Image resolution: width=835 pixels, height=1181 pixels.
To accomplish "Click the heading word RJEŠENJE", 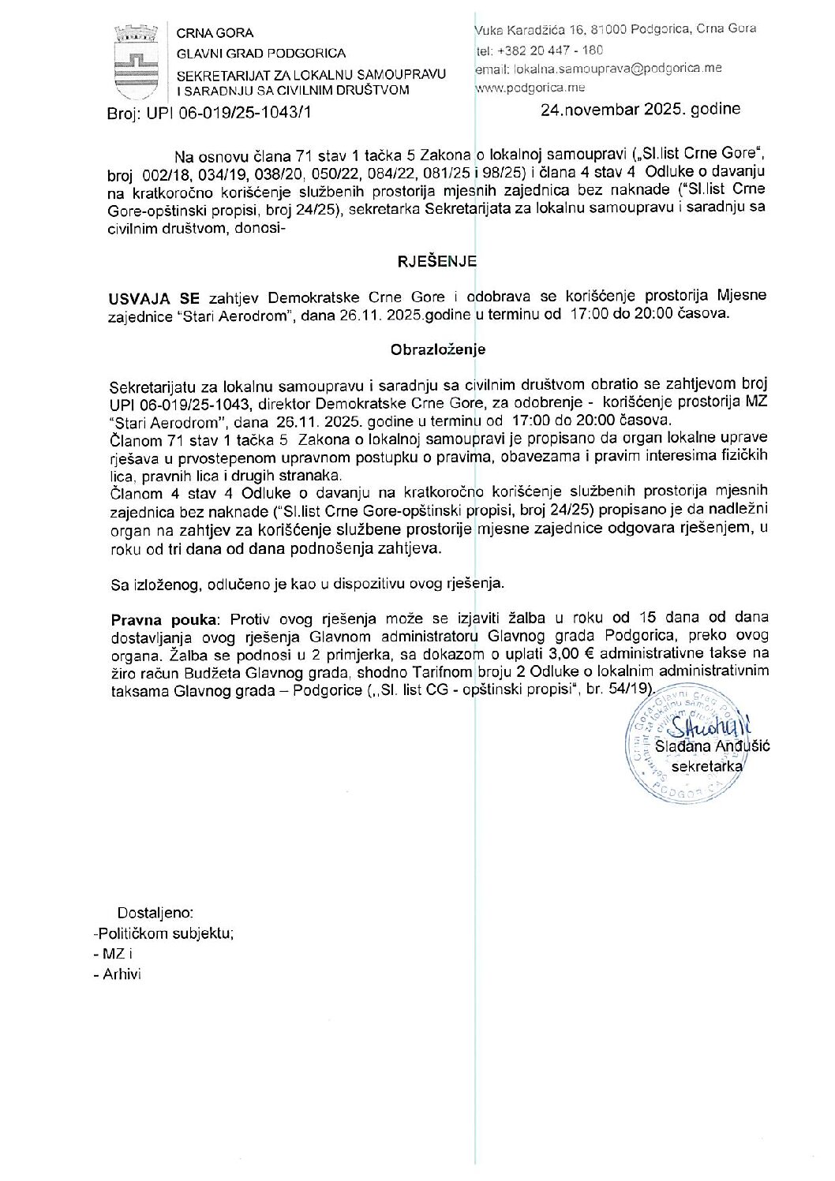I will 436,262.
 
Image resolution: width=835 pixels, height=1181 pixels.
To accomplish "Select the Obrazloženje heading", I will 438,349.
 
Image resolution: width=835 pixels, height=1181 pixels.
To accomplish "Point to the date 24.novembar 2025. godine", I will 640,110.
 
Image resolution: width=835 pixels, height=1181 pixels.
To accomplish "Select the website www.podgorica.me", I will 530,88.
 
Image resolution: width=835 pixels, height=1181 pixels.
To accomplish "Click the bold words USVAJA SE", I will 155,298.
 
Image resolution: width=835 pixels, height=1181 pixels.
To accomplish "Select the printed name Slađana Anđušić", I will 713,746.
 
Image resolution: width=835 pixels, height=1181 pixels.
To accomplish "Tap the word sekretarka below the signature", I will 706,766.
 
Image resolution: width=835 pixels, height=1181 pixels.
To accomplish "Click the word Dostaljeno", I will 155,913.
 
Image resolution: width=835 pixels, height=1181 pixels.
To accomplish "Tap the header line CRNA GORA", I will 215,33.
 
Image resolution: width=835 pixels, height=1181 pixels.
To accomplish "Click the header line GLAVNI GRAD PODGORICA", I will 260,53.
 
